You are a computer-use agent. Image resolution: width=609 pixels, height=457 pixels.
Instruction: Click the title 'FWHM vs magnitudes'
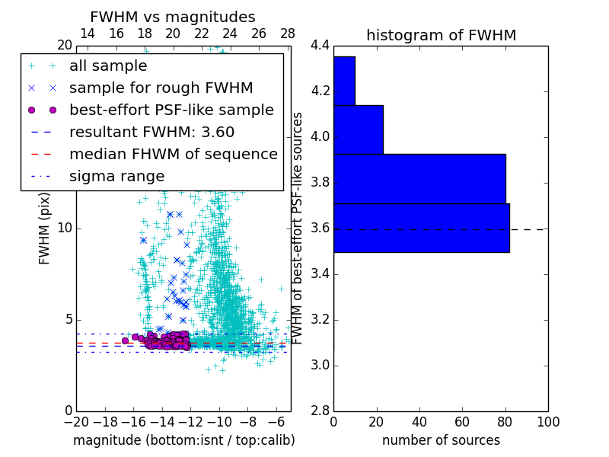173,18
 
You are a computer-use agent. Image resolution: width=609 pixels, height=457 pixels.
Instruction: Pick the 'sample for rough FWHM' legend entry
161,88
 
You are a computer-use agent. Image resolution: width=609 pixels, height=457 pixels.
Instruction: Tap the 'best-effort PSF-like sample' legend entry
171,110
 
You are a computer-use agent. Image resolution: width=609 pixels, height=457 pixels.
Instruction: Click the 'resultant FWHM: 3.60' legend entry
151,132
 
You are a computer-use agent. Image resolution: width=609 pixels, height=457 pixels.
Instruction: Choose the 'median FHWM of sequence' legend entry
173,154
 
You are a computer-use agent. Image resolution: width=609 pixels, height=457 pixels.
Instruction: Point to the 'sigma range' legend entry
116,176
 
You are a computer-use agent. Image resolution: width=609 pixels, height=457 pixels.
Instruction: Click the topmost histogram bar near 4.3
344,81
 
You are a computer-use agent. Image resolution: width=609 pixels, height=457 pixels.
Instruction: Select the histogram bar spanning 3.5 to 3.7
421,228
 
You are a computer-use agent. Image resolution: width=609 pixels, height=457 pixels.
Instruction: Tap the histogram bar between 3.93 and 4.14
358,129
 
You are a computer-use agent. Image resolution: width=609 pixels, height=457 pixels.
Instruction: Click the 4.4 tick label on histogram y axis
320,46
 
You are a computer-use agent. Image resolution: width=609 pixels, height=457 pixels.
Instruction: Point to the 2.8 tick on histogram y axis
320,411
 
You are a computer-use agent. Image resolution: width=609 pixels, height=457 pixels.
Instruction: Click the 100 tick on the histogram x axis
547,422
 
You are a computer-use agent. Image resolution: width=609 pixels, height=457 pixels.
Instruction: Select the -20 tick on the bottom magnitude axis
76,422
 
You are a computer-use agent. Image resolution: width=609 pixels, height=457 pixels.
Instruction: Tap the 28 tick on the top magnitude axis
288,34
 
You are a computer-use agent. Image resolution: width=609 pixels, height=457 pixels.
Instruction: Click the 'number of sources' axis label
441,440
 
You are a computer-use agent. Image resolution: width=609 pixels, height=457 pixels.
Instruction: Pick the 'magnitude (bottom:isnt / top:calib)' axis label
183,440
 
